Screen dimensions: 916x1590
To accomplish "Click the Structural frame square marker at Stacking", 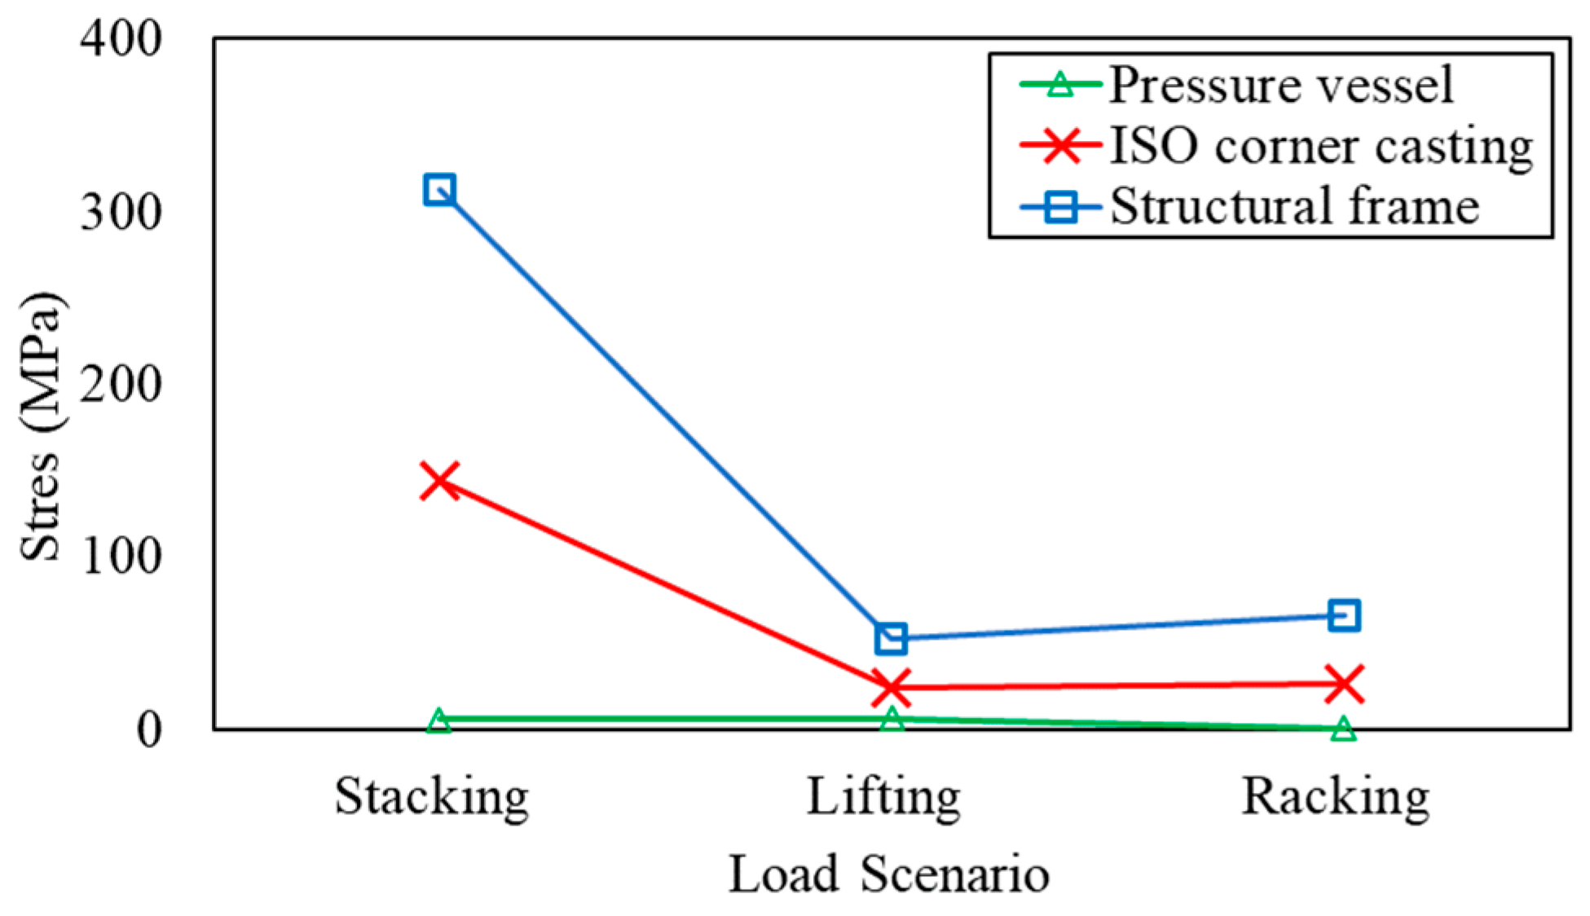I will coord(439,190).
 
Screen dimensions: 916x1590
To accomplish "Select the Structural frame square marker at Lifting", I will coord(891,638).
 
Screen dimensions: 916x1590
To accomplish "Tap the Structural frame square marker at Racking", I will coord(1343,615).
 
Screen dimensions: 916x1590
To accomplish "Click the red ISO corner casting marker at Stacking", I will coord(439,480).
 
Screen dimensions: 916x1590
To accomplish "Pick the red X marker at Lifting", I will coord(891,687).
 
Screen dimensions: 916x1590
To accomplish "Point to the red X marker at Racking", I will coord(1343,683).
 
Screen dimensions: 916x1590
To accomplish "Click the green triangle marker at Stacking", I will coord(439,720).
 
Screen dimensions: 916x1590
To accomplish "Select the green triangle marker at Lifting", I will coord(891,719).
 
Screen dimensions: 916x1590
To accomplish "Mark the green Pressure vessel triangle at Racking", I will coord(1343,729).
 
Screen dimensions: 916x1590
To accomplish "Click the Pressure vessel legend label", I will coord(1281,85).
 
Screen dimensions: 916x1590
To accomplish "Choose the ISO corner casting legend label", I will coord(1320,147).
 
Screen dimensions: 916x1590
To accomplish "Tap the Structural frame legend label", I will coord(1294,206).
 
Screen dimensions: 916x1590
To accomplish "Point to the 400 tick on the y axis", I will coord(121,38).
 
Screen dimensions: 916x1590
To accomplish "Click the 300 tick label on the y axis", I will coord(121,212).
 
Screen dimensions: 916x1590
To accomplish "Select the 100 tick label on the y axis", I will coord(121,557).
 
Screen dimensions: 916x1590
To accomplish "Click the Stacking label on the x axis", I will coord(431,797).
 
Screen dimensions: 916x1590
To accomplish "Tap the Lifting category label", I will coord(883,797).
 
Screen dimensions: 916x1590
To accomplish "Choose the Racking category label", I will coord(1335,797).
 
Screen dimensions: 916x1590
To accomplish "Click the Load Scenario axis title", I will coord(888,875).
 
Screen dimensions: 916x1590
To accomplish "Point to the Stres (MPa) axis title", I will coord(41,426).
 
